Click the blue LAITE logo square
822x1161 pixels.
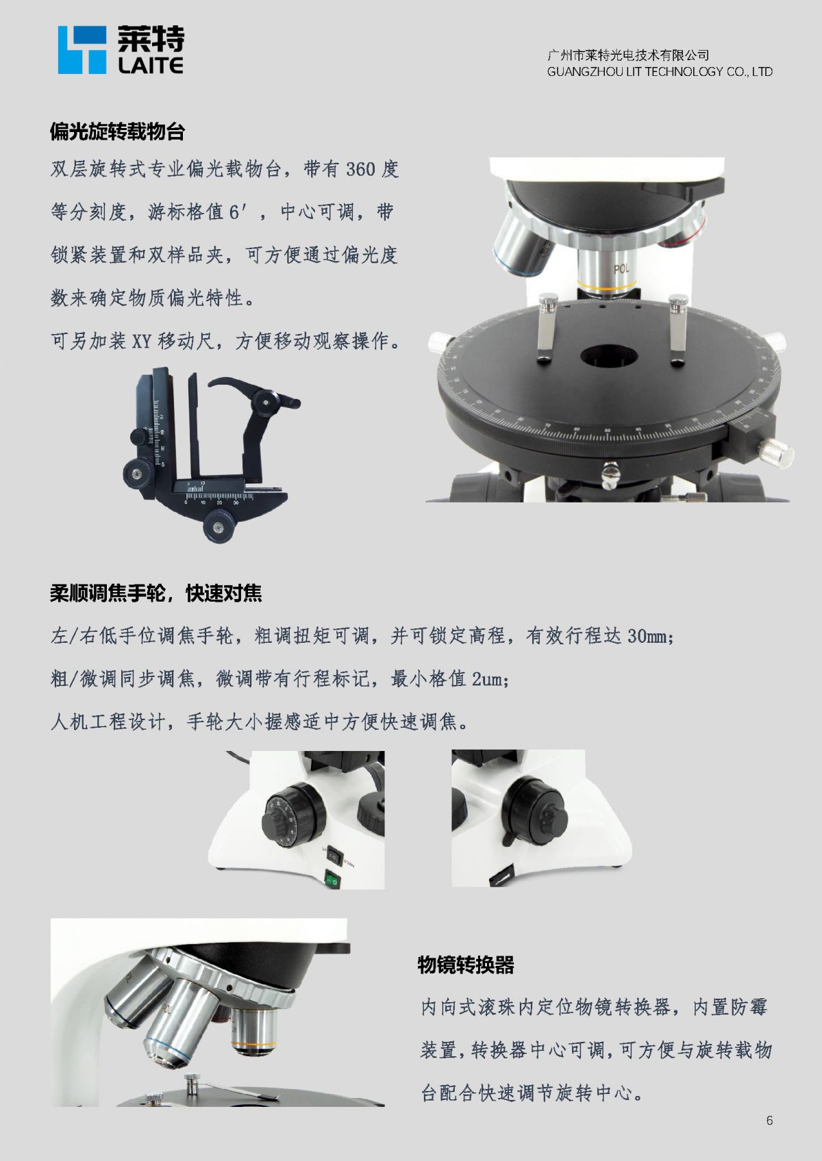pos(82,50)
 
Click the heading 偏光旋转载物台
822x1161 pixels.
pos(117,131)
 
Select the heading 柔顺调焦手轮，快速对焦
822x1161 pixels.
pos(155,594)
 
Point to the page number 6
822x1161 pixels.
pos(769,1121)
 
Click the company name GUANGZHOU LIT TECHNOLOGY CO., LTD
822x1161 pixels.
pos(660,71)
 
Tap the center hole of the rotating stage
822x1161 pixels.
pos(609,356)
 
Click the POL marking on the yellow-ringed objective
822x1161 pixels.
pos(621,268)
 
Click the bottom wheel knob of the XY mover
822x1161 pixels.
pos(219,526)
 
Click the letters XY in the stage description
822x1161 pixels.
pos(141,341)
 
